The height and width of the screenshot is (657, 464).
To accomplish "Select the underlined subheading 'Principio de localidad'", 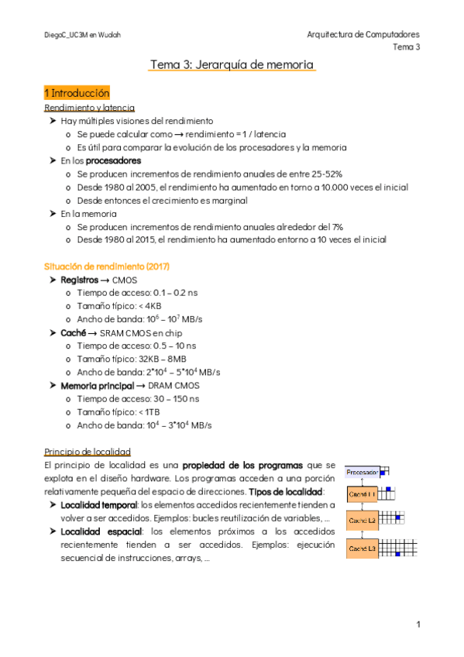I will pos(88,451).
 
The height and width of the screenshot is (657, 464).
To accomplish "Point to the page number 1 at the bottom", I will pos(418,624).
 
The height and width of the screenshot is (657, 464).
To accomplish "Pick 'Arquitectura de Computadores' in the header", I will pos(363,35).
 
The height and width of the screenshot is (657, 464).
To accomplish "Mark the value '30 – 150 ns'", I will pos(170,398).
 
